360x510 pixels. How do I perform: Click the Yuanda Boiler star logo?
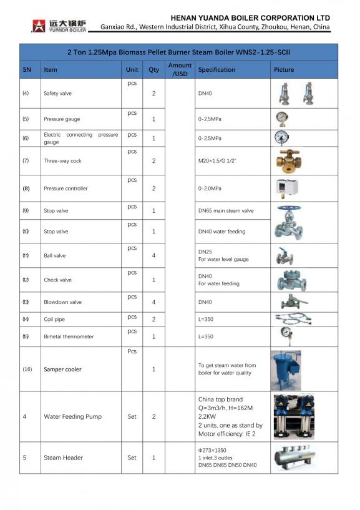39,26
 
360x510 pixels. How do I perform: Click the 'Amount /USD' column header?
180,69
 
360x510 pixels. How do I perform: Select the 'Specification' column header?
216,70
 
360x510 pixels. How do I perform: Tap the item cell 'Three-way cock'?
62,161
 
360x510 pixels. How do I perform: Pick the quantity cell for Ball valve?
153,255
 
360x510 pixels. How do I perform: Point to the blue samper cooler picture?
286,370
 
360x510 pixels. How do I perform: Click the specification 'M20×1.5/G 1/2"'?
217,161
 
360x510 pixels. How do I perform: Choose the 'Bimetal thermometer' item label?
69,336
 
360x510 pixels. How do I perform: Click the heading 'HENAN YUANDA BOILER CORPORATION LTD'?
250,18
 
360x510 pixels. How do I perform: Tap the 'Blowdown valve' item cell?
62,302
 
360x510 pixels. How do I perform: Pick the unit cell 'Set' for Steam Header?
132,458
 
